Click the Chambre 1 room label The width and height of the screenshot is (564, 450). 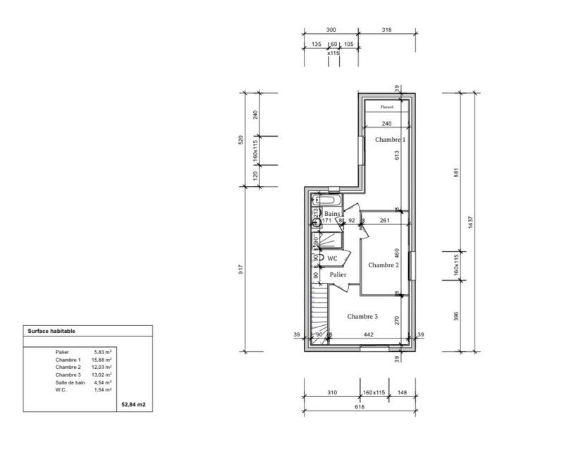coord(389,140)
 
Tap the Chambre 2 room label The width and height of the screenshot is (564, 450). coord(384,265)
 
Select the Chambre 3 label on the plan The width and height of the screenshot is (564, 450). coord(362,317)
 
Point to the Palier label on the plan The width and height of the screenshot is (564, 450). coord(338,274)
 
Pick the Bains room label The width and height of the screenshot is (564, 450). coord(333,213)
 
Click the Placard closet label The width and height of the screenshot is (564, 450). coord(386,108)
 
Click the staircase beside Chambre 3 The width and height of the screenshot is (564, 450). coord(319,314)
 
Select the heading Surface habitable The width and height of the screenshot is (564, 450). coord(51,330)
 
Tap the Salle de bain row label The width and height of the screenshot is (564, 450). coord(70,382)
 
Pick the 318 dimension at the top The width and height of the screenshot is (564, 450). coord(386,30)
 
